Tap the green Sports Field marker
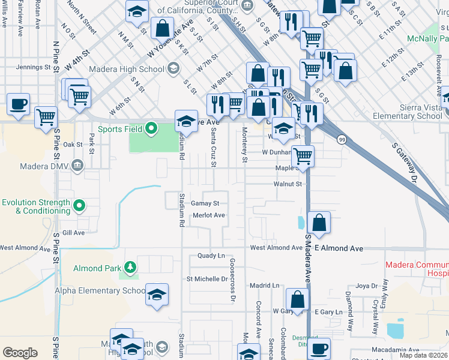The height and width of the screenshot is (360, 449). pyautogui.click(x=152, y=127)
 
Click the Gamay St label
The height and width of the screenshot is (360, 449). pyautogui.click(x=205, y=203)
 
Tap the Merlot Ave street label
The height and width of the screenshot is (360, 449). pyautogui.click(x=208, y=215)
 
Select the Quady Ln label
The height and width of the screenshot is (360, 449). pyautogui.click(x=211, y=256)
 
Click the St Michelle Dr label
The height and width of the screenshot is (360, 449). pyautogui.click(x=207, y=279)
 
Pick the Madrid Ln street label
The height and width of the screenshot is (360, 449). pyautogui.click(x=265, y=286)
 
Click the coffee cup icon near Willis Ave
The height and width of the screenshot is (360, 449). pyautogui.click(x=19, y=104)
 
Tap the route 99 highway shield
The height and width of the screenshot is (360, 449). pyautogui.click(x=341, y=139)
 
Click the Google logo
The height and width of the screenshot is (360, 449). pyautogui.click(x=20, y=353)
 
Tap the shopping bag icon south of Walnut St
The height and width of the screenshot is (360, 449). pyautogui.click(x=319, y=222)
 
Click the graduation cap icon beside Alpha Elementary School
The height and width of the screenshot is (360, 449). pyautogui.click(x=157, y=295)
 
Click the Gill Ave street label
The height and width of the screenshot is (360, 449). pyautogui.click(x=73, y=232)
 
